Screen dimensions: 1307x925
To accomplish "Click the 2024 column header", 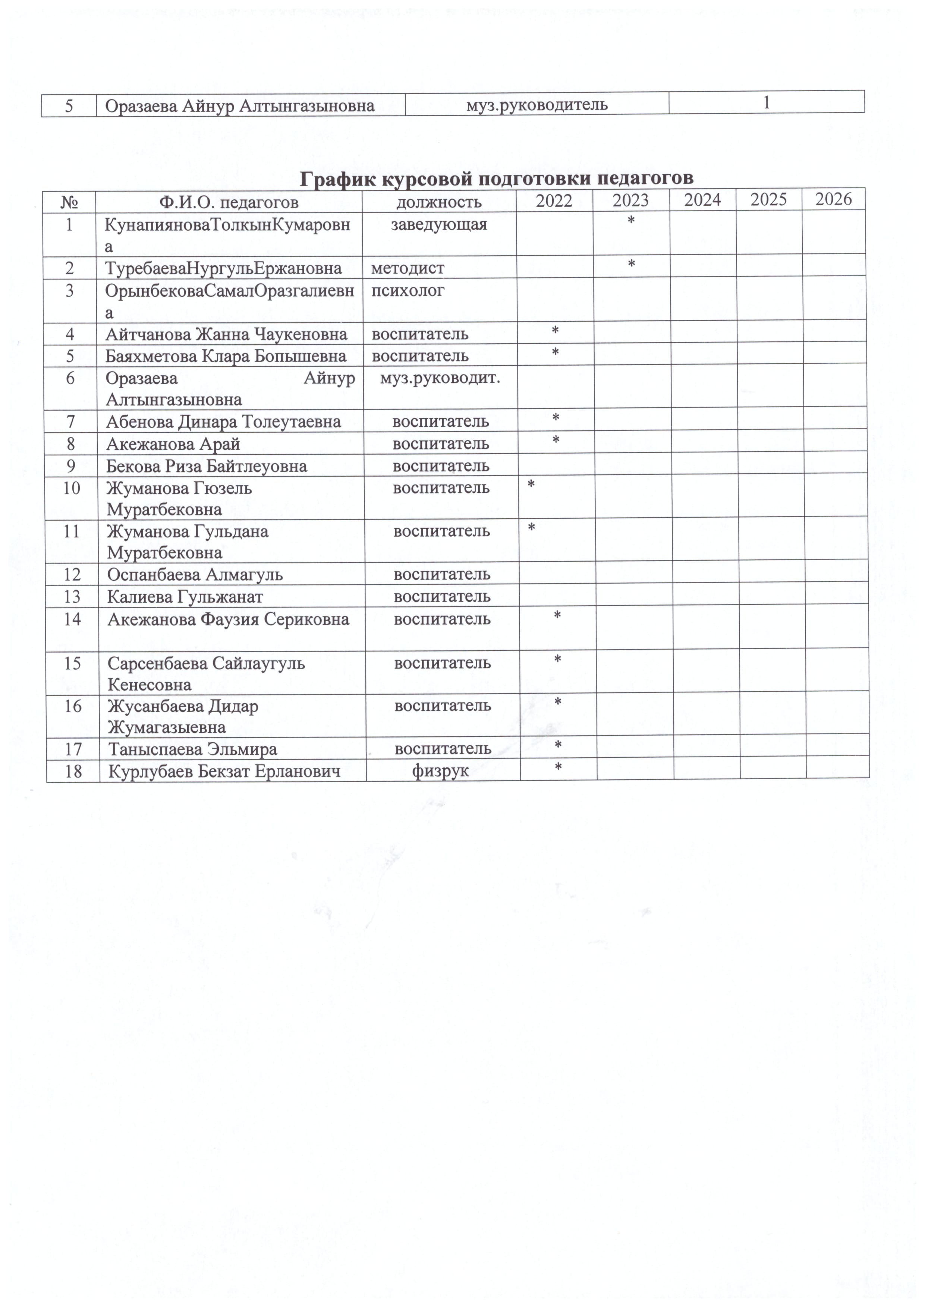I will [x=702, y=200].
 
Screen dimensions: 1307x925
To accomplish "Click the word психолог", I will [x=408, y=290].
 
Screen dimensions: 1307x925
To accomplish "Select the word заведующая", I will [x=439, y=224].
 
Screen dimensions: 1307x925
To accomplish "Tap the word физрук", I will [x=441, y=771].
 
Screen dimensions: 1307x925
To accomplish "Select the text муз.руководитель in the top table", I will [x=537, y=105].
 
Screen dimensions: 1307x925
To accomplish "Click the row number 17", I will [x=73, y=749].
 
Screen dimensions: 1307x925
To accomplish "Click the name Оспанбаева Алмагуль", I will [x=195, y=574].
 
